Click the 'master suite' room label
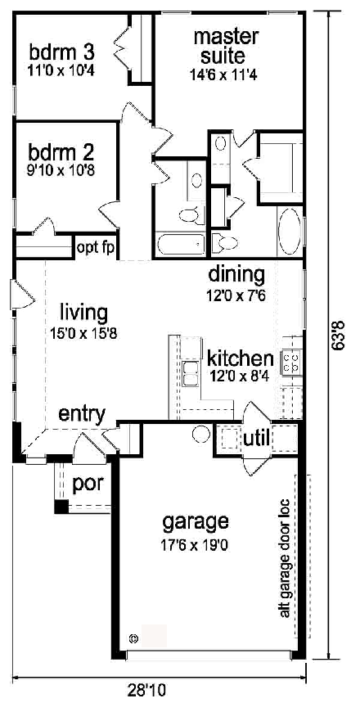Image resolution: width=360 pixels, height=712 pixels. click(x=226, y=47)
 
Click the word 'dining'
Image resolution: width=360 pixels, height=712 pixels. click(x=236, y=273)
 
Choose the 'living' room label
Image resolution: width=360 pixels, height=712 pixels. click(x=84, y=312)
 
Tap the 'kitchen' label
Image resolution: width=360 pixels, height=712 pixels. click(x=239, y=358)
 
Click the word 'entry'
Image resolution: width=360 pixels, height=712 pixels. click(x=81, y=414)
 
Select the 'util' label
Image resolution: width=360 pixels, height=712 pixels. click(x=256, y=439)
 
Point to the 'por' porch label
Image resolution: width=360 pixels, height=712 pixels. click(x=88, y=483)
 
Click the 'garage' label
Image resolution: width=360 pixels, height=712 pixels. click(x=195, y=521)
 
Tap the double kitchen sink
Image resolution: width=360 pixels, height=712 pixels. click(x=191, y=374)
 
